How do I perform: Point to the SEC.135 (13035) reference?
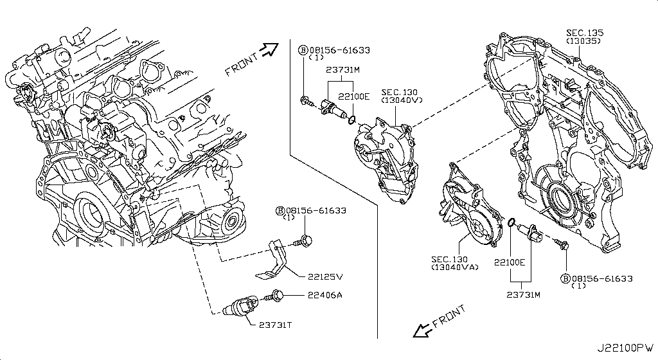585,36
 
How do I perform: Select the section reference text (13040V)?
402,100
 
